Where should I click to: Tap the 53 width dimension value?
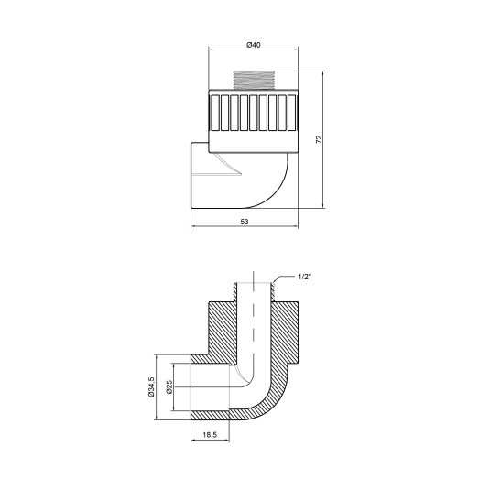(x=246, y=221)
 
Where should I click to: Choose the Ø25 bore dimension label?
(x=170, y=387)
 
